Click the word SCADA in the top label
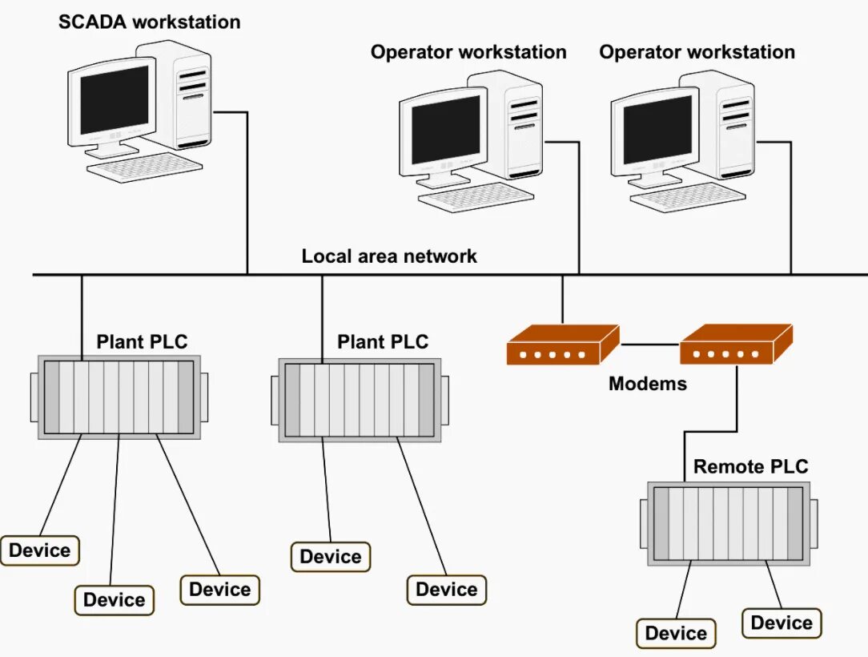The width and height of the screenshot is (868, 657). (x=93, y=22)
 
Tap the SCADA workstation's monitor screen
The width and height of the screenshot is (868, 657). (x=114, y=100)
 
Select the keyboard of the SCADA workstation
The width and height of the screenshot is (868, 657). (x=145, y=167)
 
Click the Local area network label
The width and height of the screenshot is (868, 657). (x=389, y=256)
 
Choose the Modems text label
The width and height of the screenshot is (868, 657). (x=648, y=383)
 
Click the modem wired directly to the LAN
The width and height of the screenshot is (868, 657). (x=562, y=345)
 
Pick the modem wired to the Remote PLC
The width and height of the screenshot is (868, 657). (x=735, y=345)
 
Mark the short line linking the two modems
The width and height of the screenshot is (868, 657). (x=649, y=345)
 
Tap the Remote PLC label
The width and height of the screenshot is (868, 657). (x=751, y=466)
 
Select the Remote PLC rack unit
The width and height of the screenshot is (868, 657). (x=729, y=523)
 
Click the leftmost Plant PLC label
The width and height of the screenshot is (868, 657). (x=142, y=342)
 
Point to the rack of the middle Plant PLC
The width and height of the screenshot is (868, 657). (x=360, y=400)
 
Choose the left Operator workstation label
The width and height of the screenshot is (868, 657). (x=468, y=52)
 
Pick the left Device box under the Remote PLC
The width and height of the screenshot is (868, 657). (x=676, y=634)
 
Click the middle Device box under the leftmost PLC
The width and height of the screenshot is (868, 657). (x=115, y=599)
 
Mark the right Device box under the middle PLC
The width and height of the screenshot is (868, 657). (x=447, y=590)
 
